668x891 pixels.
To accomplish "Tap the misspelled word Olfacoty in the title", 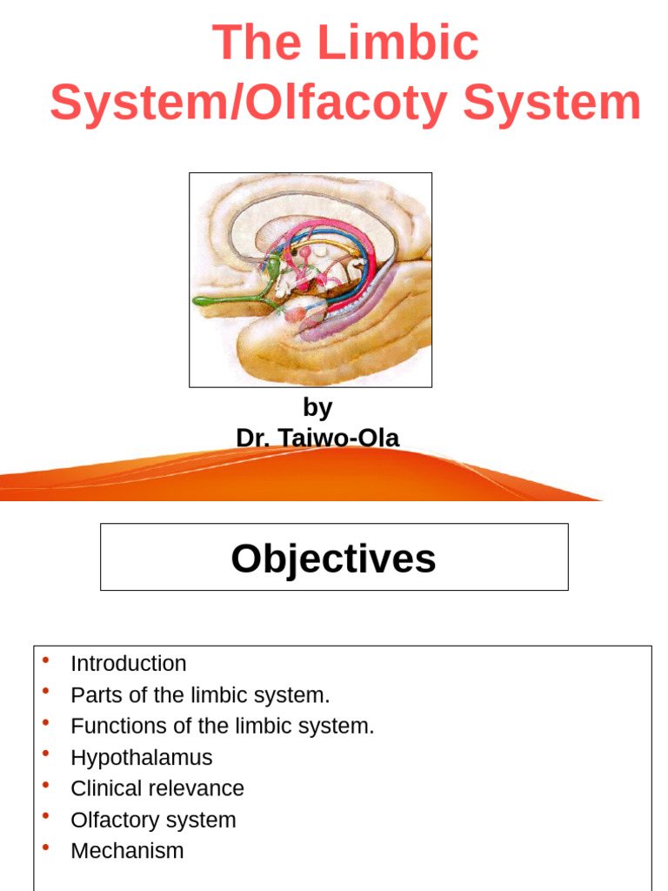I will (352, 103).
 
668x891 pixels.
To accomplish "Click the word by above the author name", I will (317, 407).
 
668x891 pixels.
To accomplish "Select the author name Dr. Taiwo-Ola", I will (317, 438).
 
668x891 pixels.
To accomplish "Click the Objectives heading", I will (333, 559).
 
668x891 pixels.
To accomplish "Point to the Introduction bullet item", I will (128, 663).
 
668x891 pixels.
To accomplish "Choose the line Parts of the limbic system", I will (200, 695).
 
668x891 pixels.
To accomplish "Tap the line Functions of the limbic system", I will (222, 726).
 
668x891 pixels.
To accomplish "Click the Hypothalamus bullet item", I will (141, 757).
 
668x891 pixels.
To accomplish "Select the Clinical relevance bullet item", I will (157, 788).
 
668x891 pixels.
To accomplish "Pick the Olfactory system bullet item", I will (152, 820).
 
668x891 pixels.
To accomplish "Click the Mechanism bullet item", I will (127, 850).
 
